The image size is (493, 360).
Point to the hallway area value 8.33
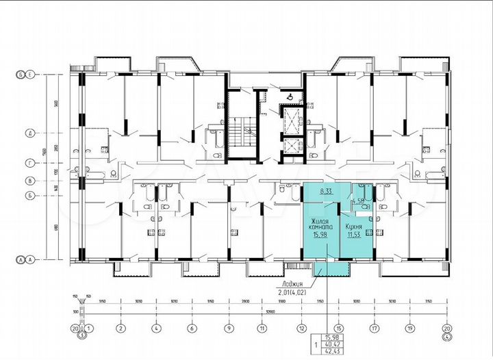click(326, 192)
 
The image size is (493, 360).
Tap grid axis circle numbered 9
click(226, 328)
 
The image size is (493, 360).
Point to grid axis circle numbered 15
click(338, 328)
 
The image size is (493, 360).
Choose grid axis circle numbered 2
click(119, 328)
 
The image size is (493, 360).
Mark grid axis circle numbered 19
click(410, 328)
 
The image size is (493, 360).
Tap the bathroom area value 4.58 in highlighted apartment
click(358, 201)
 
